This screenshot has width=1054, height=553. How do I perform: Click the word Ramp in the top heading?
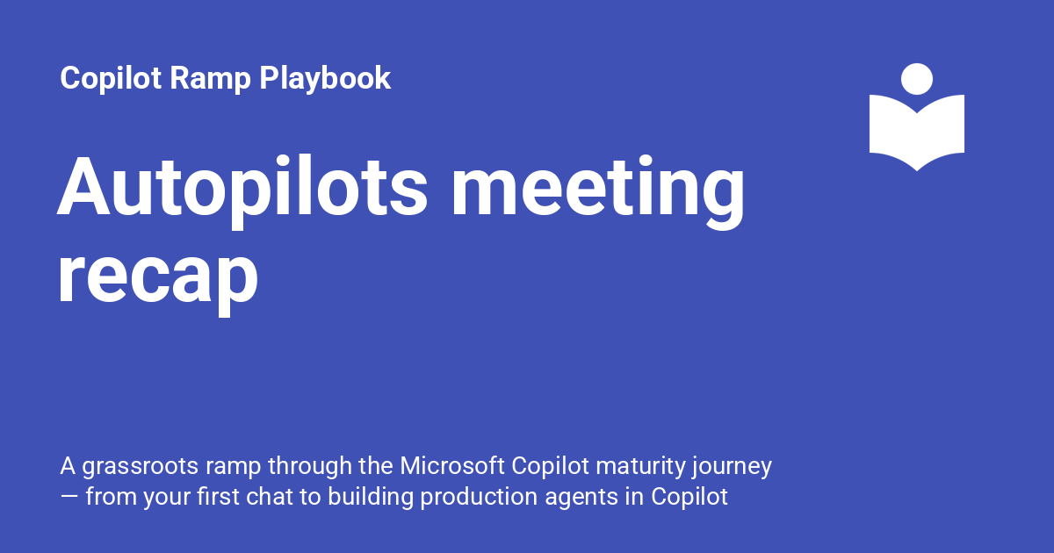[210, 78]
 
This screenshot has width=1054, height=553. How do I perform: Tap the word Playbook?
[325, 78]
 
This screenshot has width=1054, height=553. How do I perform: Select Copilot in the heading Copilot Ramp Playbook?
[111, 78]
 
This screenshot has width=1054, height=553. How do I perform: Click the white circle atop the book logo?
[917, 79]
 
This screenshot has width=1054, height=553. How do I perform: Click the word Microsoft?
[452, 466]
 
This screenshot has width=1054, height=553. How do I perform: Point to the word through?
[309, 467]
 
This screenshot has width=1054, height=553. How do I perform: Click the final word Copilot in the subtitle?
[689, 498]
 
